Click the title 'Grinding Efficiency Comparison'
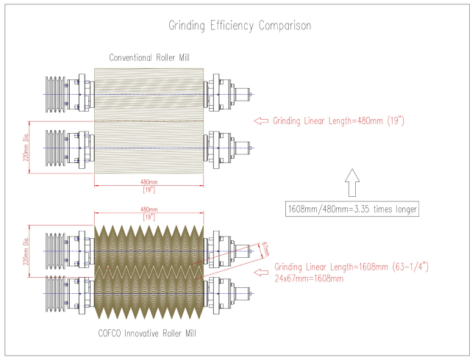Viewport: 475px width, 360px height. pyautogui.click(x=238, y=26)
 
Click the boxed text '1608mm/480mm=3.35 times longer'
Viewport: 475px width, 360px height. pyautogui.click(x=352, y=209)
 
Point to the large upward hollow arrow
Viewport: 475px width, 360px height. pyautogui.click(x=351, y=180)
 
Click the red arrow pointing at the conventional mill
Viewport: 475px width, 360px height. pyautogui.click(x=260, y=121)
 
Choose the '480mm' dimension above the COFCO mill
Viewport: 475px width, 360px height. pyautogui.click(x=150, y=210)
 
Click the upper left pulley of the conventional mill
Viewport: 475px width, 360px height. pyautogui.click(x=56, y=94)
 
